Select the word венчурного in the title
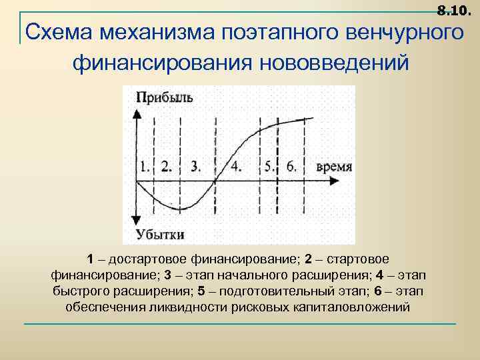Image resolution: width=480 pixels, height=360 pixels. point(405,32)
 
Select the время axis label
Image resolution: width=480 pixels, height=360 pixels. point(334,167)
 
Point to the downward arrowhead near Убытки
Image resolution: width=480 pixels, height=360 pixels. point(136,221)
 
